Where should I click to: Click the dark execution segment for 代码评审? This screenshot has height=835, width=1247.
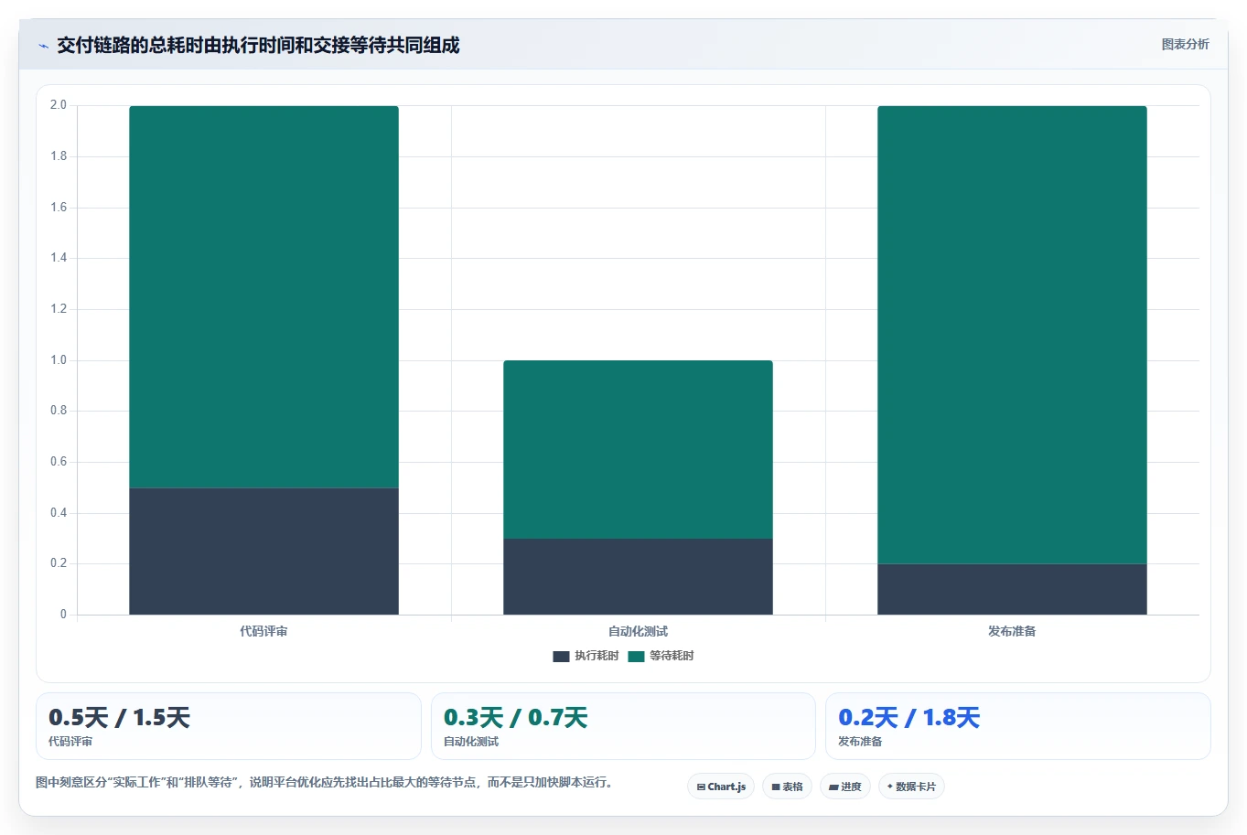click(263, 551)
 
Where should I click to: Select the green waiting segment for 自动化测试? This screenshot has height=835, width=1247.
click(638, 449)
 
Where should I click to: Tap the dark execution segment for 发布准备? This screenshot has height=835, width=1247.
click(1012, 589)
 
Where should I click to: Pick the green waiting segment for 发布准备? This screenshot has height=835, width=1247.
click(1012, 335)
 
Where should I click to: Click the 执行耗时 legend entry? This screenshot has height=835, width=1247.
click(586, 656)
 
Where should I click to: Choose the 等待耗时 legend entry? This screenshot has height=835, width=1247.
click(661, 656)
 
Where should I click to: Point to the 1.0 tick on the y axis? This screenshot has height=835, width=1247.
click(59, 359)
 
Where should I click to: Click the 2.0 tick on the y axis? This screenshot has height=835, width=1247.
click(59, 104)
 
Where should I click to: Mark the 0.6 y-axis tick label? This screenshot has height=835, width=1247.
click(59, 462)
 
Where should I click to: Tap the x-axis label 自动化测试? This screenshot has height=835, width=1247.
click(638, 631)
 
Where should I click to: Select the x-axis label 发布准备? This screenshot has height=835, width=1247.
click(1012, 631)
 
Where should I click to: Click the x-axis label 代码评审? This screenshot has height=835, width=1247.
click(263, 631)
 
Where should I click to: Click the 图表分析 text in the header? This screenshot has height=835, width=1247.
click(1185, 45)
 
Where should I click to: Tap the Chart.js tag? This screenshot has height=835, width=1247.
click(721, 787)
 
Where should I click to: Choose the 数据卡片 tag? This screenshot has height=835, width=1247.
click(911, 787)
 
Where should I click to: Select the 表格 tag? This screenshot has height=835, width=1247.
click(787, 787)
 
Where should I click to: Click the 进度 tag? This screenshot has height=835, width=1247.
click(845, 787)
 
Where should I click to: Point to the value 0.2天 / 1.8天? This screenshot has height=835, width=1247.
click(909, 718)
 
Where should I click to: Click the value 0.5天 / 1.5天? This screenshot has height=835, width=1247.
click(120, 718)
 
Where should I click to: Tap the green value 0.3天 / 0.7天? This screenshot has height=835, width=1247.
click(515, 718)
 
